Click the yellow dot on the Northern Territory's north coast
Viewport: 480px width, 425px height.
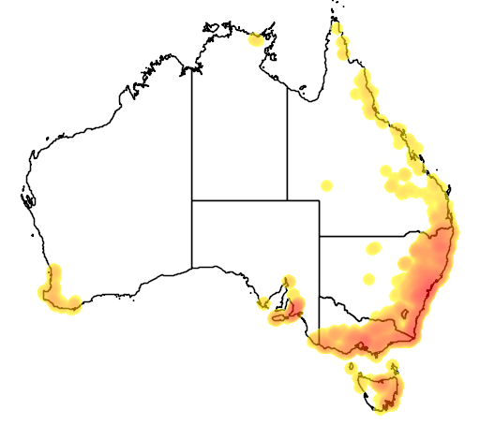255,39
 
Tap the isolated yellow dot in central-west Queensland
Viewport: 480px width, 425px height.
326,184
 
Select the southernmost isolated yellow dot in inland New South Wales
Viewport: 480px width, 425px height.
368,279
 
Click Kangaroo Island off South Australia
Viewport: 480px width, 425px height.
279,318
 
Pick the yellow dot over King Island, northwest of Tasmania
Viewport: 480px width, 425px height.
354,366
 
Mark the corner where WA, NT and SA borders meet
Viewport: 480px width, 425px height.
192,199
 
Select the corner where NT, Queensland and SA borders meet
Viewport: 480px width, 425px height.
287,199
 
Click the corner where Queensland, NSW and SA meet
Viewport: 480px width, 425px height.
320,236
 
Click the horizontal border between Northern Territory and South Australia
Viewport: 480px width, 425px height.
239,199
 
